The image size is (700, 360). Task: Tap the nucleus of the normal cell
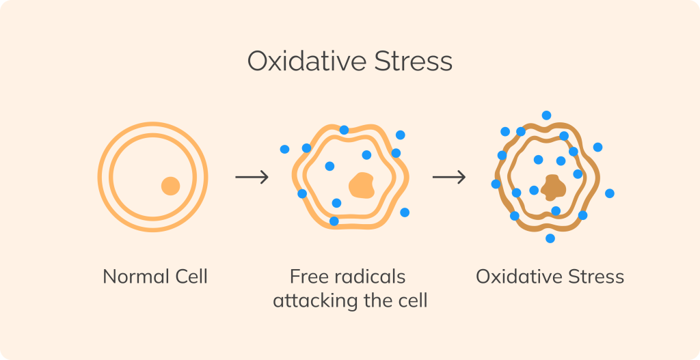coord(170,186)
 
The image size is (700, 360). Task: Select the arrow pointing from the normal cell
coord(252,178)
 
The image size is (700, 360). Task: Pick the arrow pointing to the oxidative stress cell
coord(448,178)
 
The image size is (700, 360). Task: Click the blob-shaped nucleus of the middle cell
coord(361,185)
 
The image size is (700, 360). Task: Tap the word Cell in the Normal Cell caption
coord(189,277)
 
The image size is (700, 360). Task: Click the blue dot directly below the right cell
coord(550,238)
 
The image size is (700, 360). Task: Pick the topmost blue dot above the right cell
coord(546,115)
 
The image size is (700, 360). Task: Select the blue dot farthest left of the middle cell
coord(284,149)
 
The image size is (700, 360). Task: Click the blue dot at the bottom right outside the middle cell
coord(405,212)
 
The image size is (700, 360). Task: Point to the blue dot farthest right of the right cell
coord(610,193)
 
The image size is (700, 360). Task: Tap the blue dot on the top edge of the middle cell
coord(344,130)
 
